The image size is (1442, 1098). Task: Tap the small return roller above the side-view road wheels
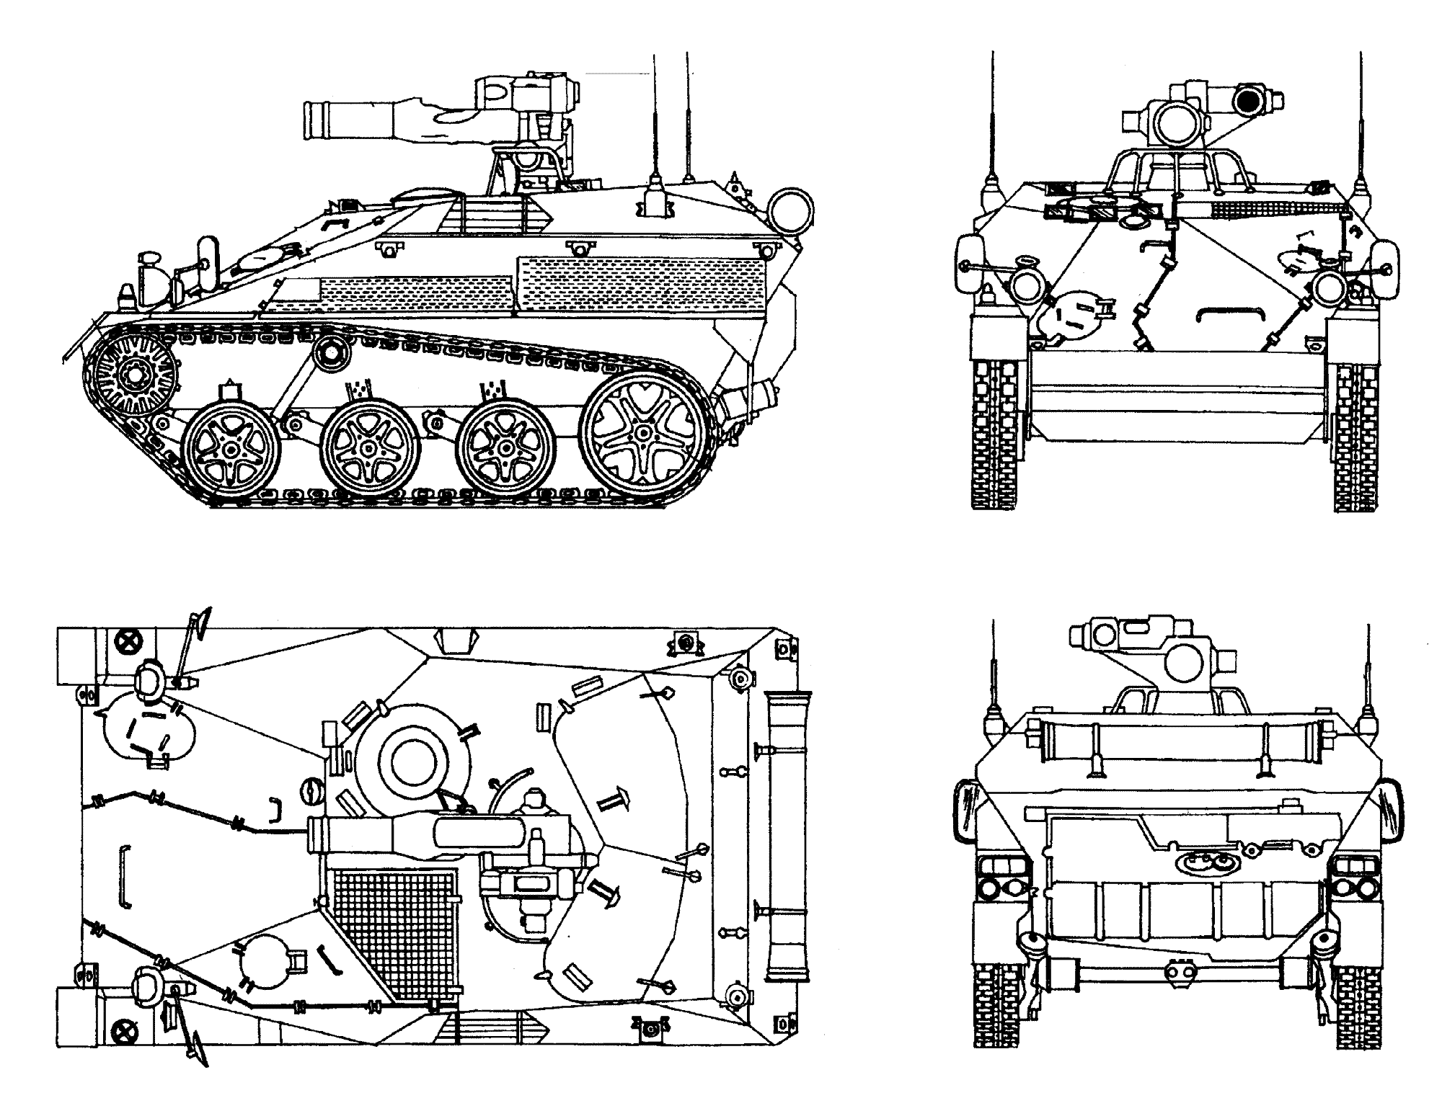tap(331, 352)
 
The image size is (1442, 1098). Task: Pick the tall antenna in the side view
tap(656, 122)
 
